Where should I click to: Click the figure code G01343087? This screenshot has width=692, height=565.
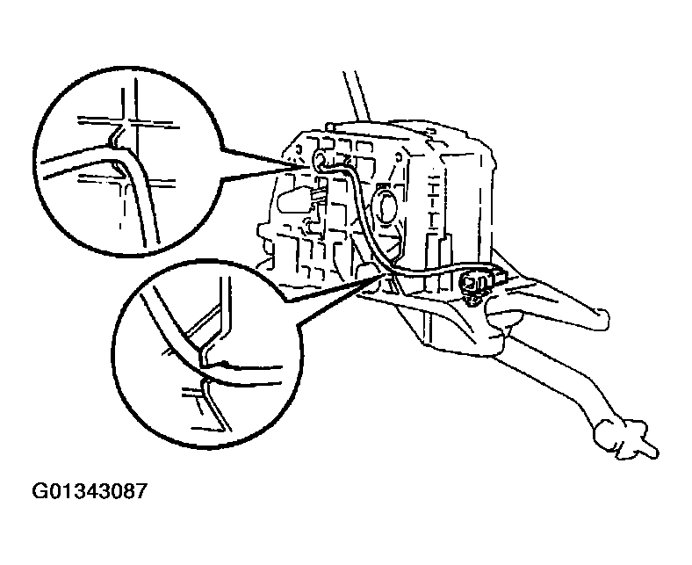click(x=89, y=491)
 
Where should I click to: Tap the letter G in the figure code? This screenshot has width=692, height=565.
click(x=39, y=491)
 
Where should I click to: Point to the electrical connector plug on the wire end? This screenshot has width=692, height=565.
click(x=474, y=281)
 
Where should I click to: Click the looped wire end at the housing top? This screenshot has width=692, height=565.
click(x=319, y=158)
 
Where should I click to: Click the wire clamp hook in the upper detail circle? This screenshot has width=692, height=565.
click(x=116, y=138)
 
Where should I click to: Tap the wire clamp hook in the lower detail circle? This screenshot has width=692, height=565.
click(x=204, y=351)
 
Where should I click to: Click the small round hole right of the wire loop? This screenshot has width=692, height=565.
click(x=398, y=156)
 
